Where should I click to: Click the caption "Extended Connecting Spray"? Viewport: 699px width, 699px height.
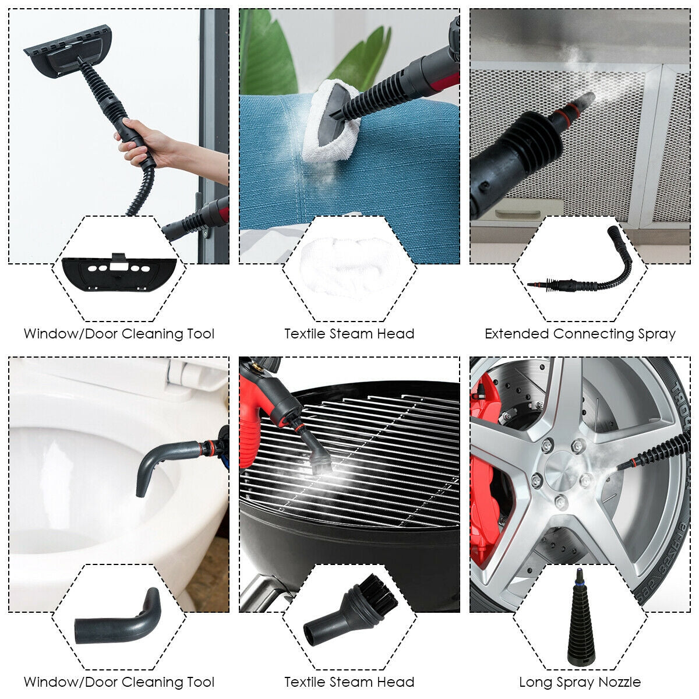pyautogui.click(x=580, y=334)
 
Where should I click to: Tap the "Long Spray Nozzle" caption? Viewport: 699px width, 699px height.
pyautogui.click(x=580, y=682)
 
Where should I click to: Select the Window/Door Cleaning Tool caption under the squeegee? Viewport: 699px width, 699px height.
pyautogui.click(x=119, y=334)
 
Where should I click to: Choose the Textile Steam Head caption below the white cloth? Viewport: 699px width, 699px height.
pyautogui.click(x=349, y=334)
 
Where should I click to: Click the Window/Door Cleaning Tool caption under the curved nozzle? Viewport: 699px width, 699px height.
pyautogui.click(x=119, y=682)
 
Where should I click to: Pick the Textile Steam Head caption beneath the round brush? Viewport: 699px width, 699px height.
pyautogui.click(x=349, y=682)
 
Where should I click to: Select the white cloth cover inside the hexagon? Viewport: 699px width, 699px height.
pyautogui.click(x=349, y=265)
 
